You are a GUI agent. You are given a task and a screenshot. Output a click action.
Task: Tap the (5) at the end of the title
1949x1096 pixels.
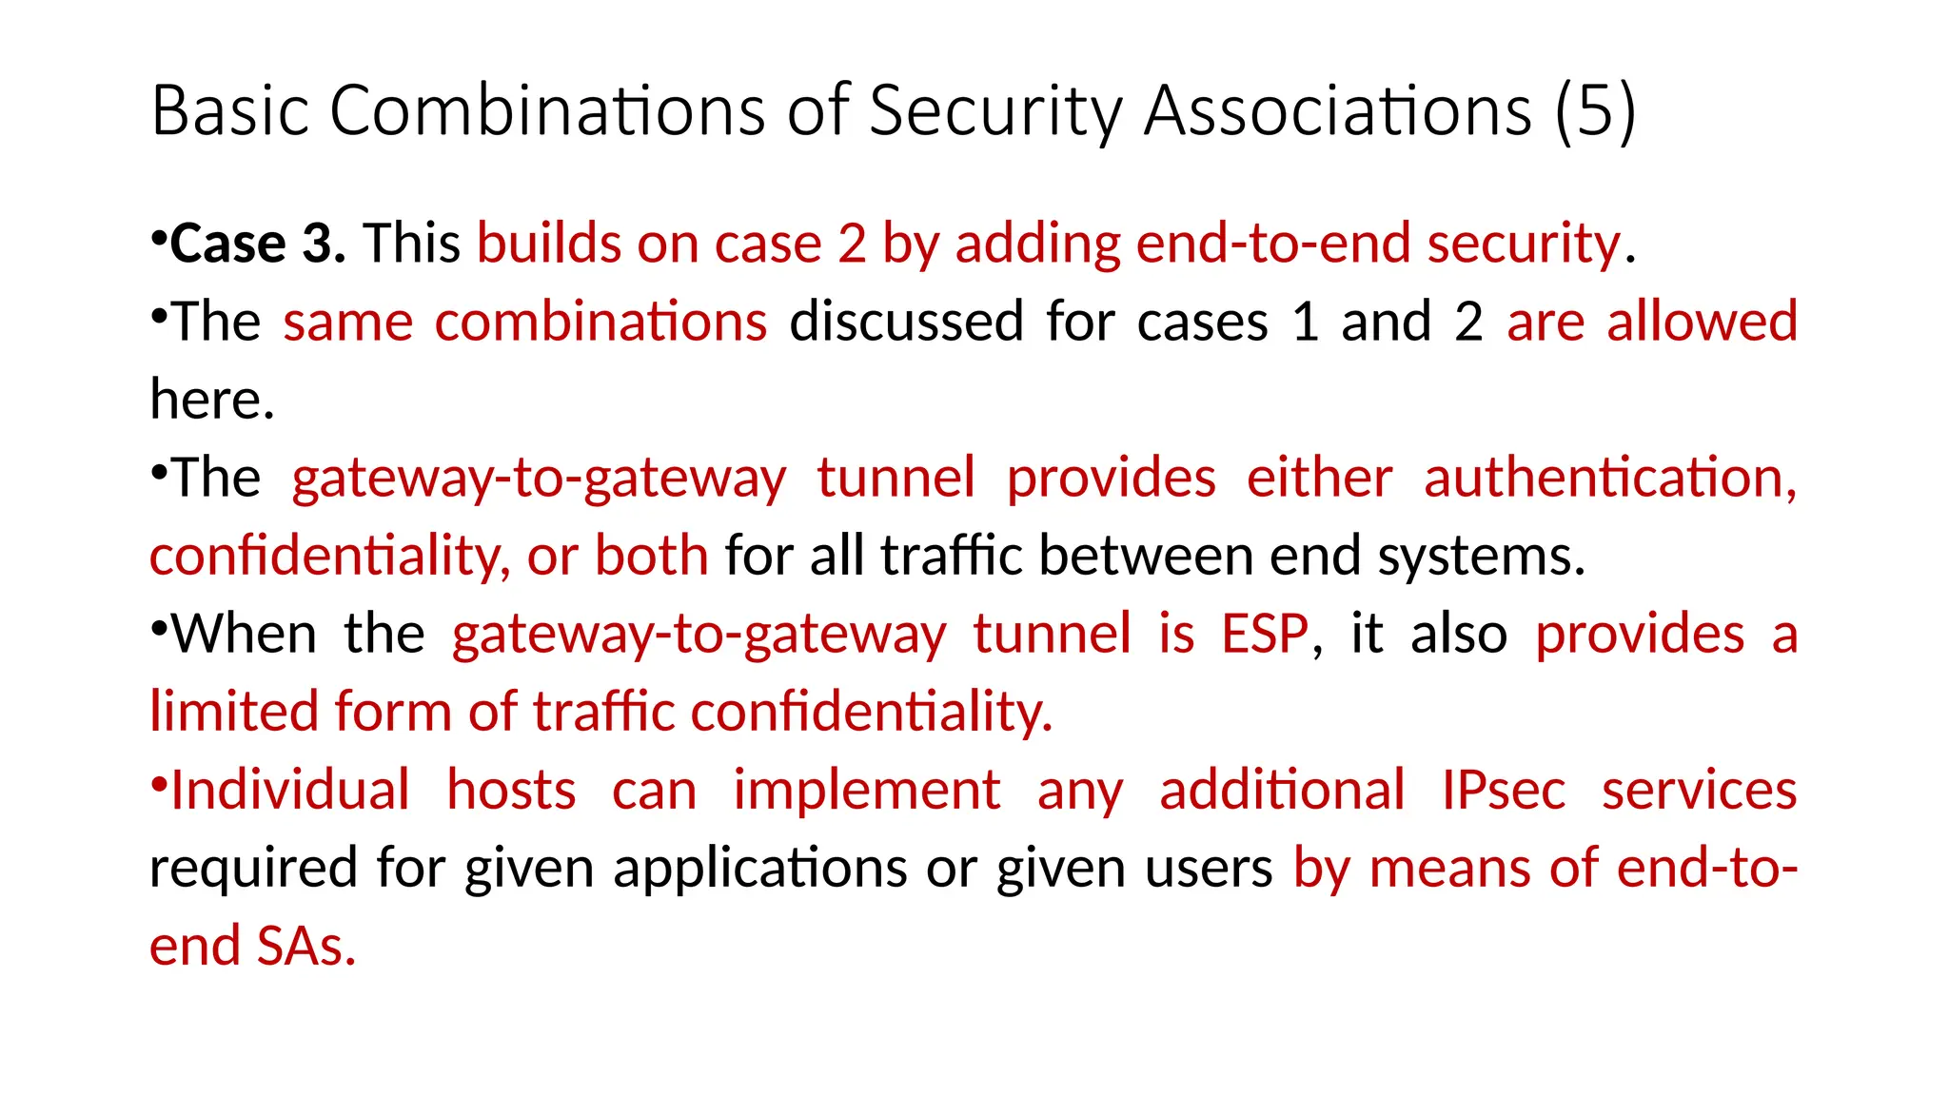tap(1596, 111)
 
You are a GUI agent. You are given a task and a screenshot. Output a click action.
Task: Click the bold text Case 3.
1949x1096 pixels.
tap(258, 244)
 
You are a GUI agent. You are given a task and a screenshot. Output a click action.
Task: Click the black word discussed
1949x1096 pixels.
tap(906, 322)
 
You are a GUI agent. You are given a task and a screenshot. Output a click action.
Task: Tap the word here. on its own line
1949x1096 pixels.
tap(212, 400)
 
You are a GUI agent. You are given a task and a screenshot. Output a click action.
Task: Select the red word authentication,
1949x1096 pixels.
tap(1609, 478)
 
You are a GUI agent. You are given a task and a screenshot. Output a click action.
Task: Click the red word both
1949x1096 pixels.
tap(651, 556)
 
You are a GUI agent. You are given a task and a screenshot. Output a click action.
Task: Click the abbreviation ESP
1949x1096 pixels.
tap(1265, 634)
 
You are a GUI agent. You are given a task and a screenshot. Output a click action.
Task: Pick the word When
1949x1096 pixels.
tap(244, 634)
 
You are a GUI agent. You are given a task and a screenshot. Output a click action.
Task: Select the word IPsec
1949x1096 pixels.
tap(1503, 790)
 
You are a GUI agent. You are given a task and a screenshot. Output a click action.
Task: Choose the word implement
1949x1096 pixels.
tap(866, 790)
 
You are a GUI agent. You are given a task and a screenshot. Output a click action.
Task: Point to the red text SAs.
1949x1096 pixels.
tap(305, 946)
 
